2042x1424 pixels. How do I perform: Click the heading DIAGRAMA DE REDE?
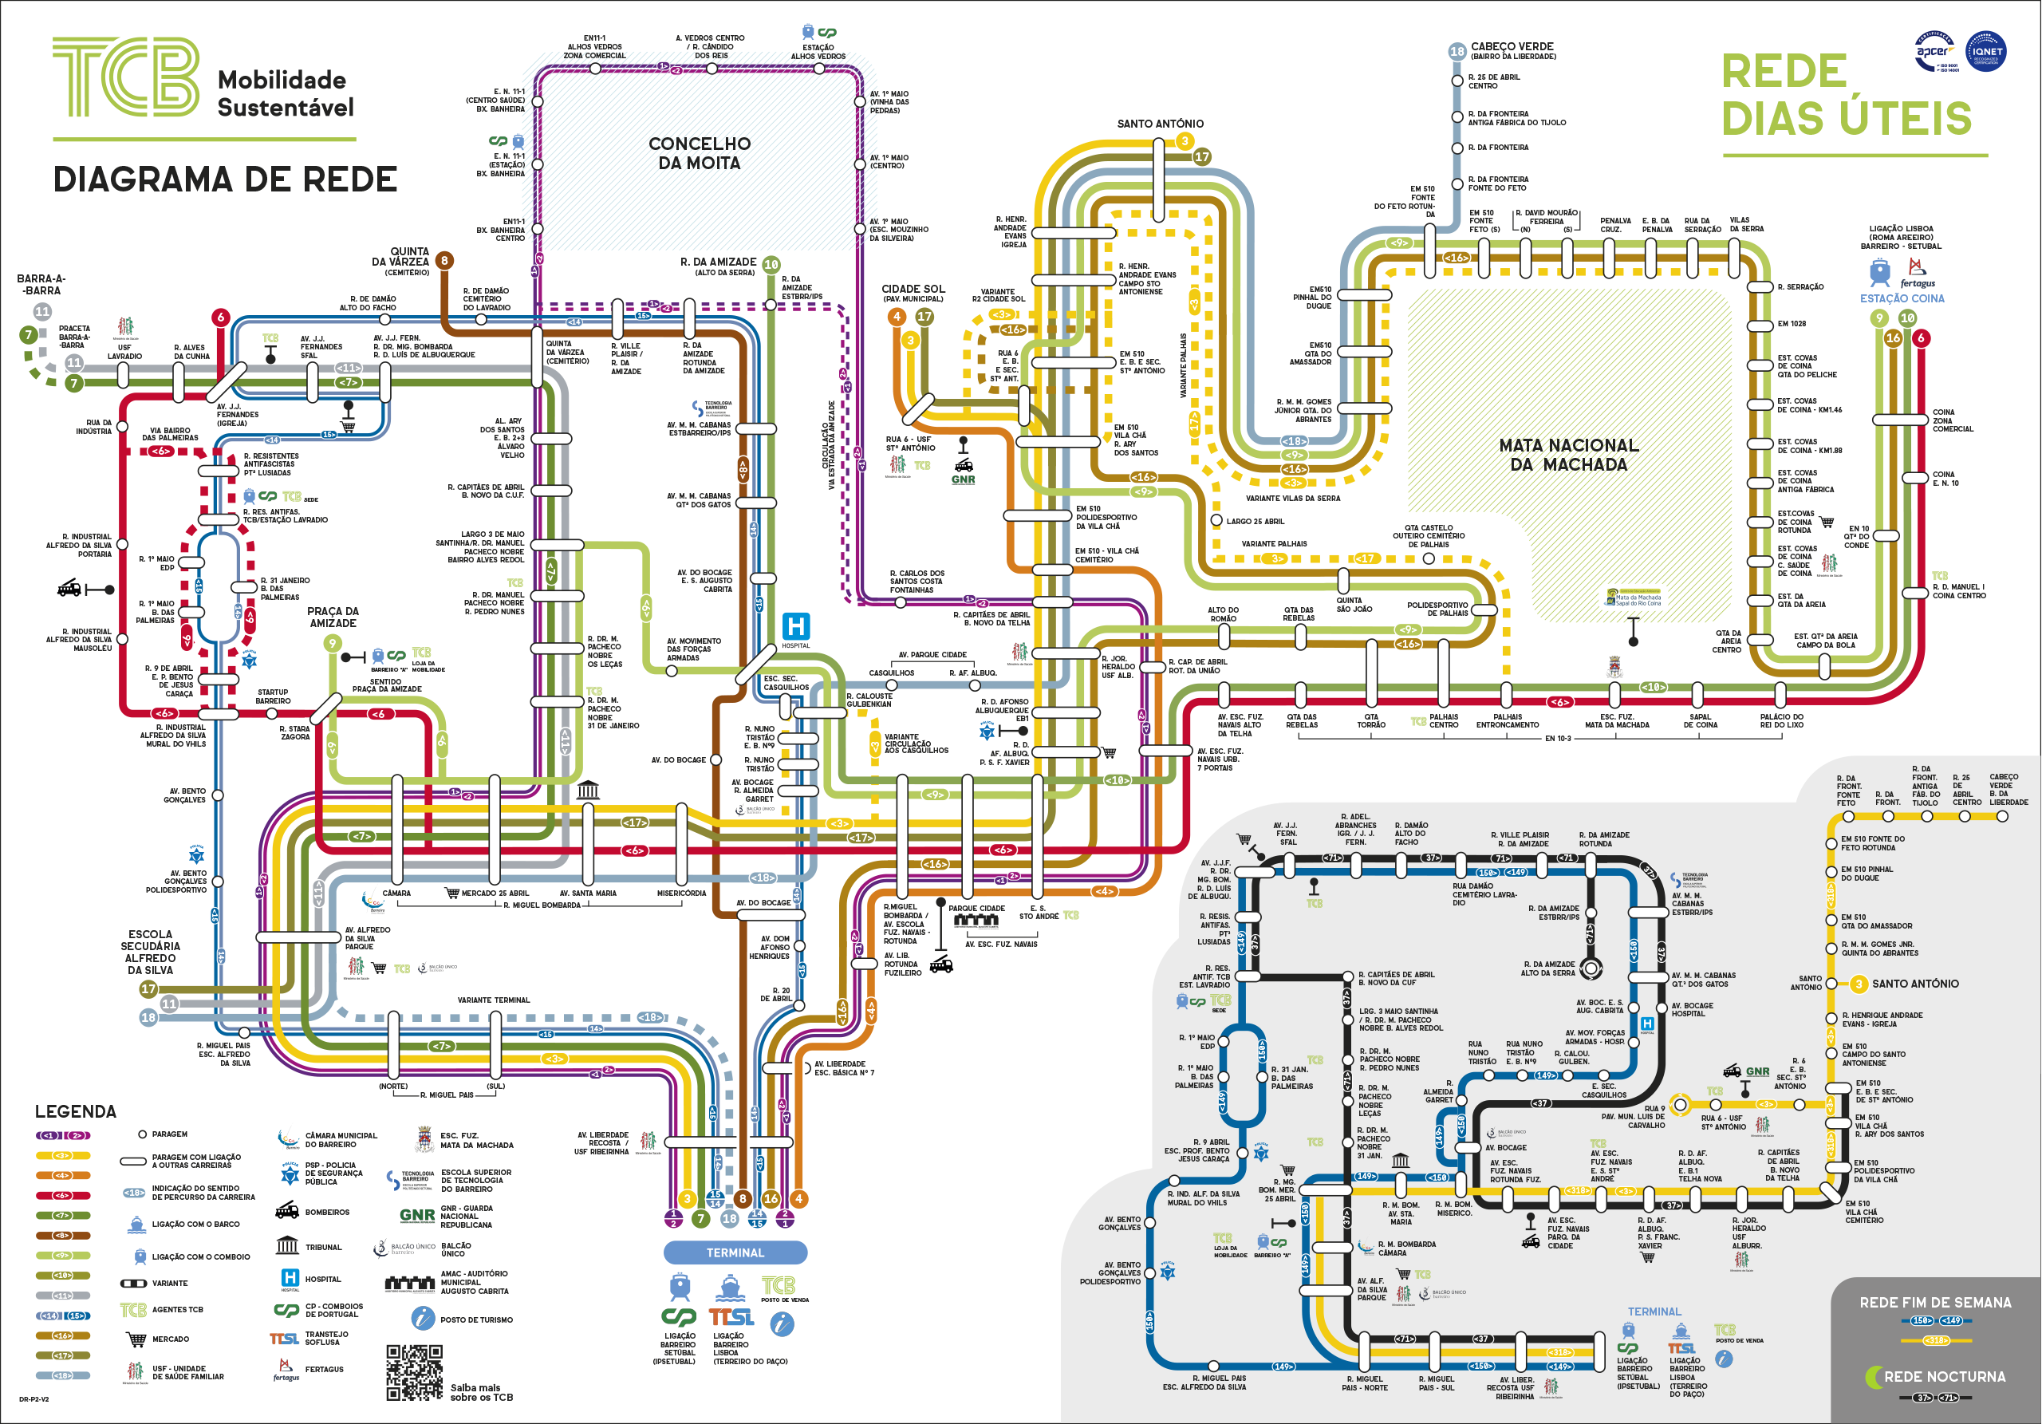pos(225,179)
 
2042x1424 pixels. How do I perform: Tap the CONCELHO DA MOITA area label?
pos(699,153)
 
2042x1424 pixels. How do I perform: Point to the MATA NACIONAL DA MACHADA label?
pos(1568,455)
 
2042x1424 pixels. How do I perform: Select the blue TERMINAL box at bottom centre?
pos(735,1252)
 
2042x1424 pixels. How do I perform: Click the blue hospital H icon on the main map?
pos(795,625)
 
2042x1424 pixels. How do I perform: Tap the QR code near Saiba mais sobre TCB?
pos(415,1372)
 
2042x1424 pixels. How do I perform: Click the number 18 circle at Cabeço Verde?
pos(1457,52)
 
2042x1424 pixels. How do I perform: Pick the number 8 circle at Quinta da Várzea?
pos(443,261)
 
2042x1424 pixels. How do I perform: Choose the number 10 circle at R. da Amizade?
pos(771,264)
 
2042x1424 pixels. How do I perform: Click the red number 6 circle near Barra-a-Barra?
pos(221,318)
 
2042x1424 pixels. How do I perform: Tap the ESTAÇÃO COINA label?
pos(1902,299)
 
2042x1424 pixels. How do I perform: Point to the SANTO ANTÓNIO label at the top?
pos(1160,124)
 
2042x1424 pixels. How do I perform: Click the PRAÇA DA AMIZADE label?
pos(333,617)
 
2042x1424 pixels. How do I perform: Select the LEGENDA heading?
pos(76,1111)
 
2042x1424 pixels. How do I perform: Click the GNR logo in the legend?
pos(417,1215)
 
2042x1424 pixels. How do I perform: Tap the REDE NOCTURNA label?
pos(1944,1376)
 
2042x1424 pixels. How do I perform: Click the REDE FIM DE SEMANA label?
pos(1935,1302)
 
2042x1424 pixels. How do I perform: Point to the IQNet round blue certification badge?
pos(1985,52)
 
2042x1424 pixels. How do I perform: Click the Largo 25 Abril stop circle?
pos(1216,520)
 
